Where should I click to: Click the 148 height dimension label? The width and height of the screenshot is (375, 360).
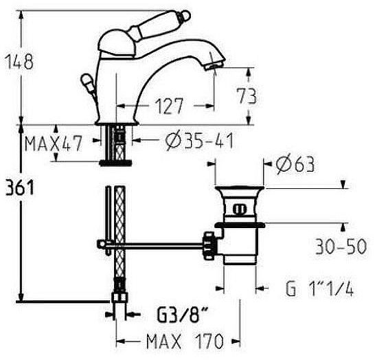[19, 61]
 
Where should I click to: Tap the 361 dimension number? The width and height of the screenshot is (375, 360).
[20, 188]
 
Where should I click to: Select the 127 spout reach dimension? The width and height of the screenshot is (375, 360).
[169, 106]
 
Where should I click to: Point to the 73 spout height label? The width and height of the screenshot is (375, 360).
[247, 96]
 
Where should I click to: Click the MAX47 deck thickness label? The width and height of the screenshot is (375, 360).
[54, 144]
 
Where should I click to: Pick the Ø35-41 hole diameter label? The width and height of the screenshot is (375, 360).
[199, 141]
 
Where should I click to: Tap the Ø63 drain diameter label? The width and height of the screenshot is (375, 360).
[295, 164]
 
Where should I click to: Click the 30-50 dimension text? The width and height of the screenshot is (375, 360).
[341, 247]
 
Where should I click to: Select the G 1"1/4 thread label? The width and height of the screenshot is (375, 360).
[319, 289]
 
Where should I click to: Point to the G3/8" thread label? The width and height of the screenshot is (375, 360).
[182, 314]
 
